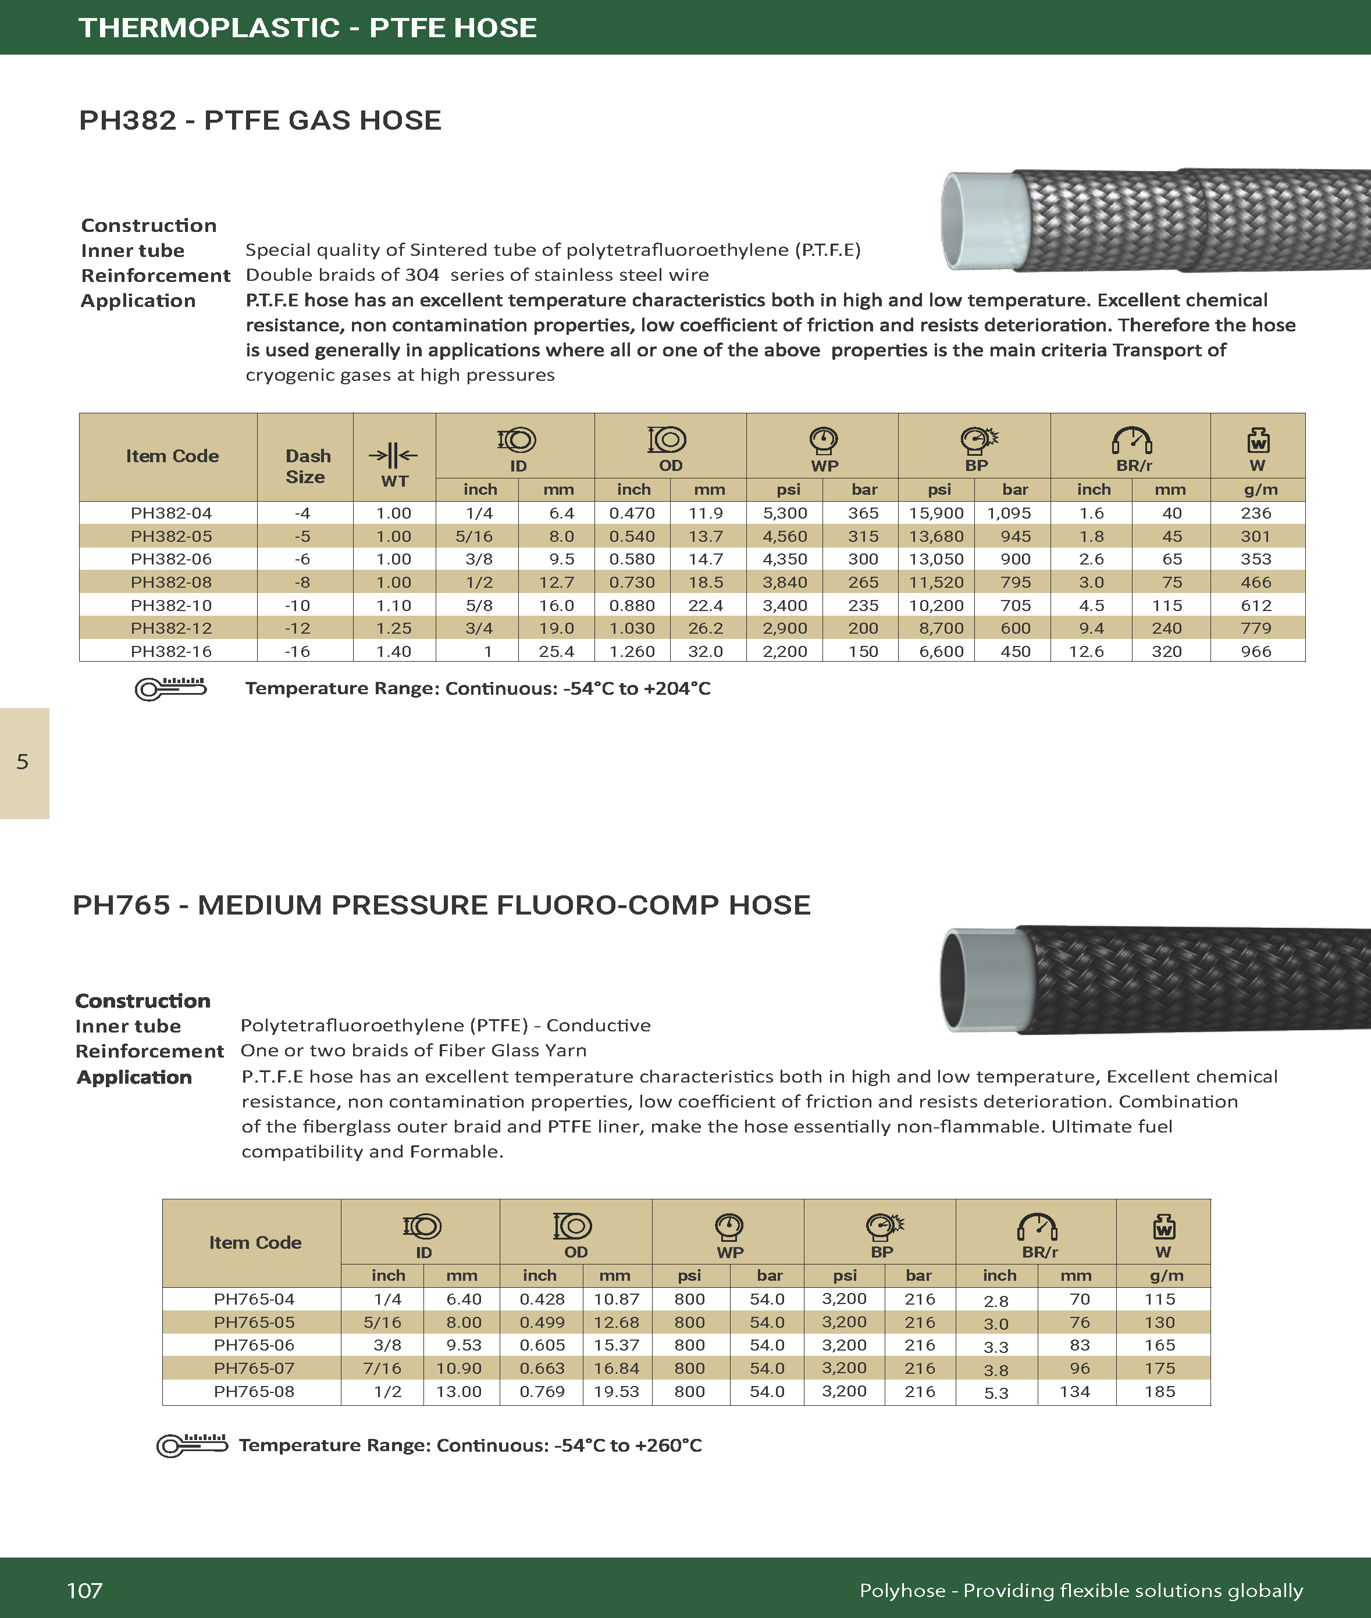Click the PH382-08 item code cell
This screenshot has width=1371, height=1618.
point(171,582)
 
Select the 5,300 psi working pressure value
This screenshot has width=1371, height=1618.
point(785,513)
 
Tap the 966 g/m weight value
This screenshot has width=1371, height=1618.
point(1256,651)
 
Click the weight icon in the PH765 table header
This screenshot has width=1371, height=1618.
point(1163,1227)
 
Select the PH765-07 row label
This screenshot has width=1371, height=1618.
point(254,1368)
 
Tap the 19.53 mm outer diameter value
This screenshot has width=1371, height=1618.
point(617,1391)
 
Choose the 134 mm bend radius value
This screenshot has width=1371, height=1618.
point(1075,1391)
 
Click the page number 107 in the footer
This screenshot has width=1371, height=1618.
point(85,1590)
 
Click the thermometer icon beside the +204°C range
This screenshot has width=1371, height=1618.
point(170,688)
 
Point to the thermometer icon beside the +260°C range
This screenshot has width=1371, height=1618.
point(192,1445)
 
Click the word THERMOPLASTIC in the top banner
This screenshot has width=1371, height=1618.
point(209,28)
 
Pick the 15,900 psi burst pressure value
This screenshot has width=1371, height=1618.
point(936,513)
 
